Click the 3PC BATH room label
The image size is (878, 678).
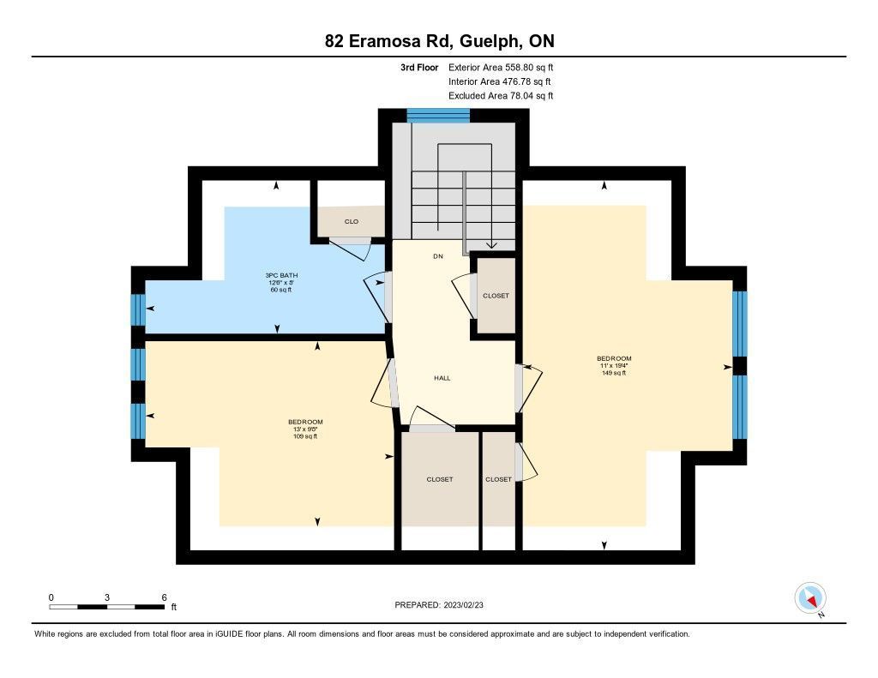point(281,275)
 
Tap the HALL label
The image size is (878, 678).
point(442,378)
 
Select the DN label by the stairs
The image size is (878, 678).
point(438,256)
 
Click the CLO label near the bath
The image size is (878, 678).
point(351,222)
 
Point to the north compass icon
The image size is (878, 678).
point(810,598)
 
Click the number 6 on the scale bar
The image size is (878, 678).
point(164,597)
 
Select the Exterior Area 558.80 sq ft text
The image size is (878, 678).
point(501,67)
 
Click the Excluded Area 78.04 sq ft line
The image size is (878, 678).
point(501,96)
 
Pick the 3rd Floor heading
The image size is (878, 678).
point(419,67)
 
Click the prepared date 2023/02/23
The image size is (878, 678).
point(464,605)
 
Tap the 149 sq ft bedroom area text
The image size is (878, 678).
point(614,373)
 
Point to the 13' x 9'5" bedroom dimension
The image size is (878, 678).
point(305,429)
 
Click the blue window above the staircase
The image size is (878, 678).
point(438,116)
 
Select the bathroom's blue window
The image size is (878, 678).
point(138,309)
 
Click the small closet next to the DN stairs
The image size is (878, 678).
point(496,295)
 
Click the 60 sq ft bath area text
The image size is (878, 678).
point(281,290)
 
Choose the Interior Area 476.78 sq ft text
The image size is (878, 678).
point(500,81)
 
